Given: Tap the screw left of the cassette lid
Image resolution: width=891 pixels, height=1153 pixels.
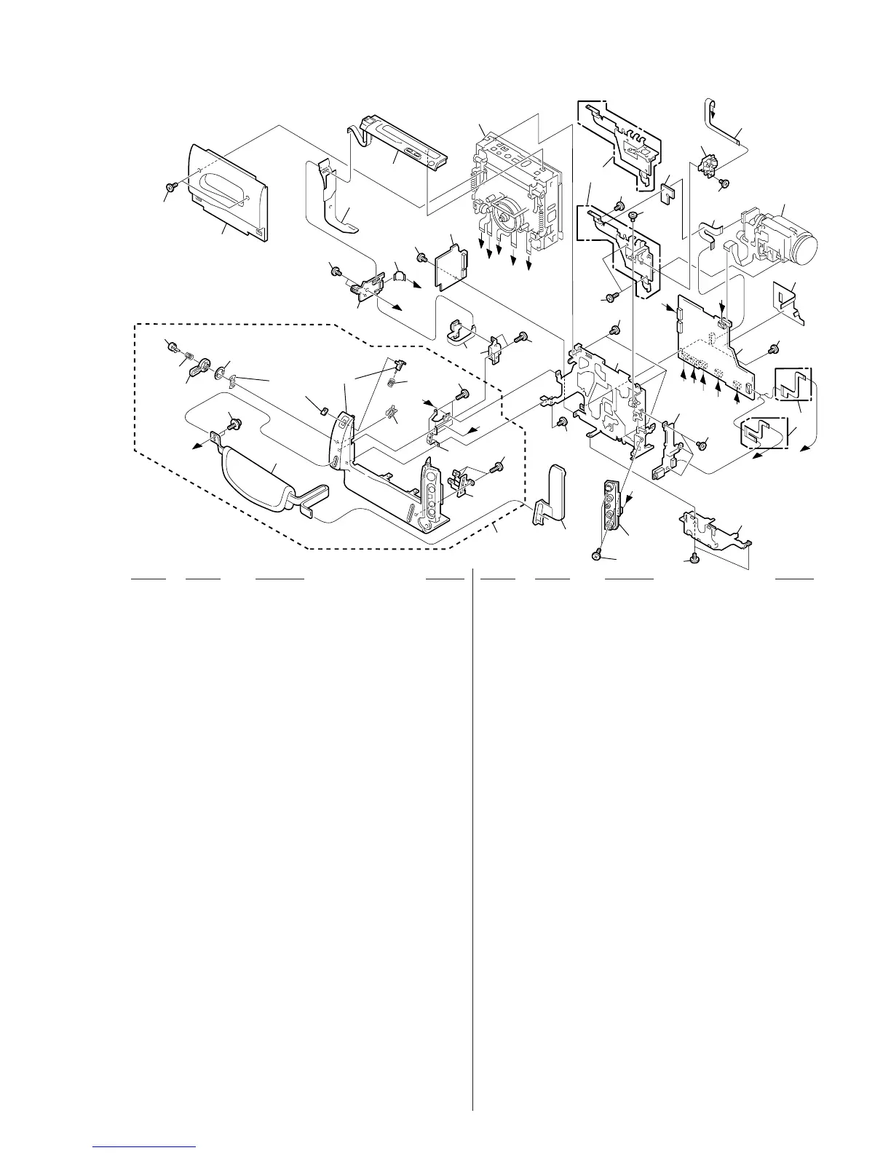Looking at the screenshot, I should click(170, 188).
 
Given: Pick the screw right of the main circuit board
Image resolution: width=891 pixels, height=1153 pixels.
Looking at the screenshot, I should click(774, 347).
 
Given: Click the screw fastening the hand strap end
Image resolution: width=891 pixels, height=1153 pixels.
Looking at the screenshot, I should click(234, 421).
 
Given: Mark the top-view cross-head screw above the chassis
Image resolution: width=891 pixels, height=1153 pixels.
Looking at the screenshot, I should click(633, 216).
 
